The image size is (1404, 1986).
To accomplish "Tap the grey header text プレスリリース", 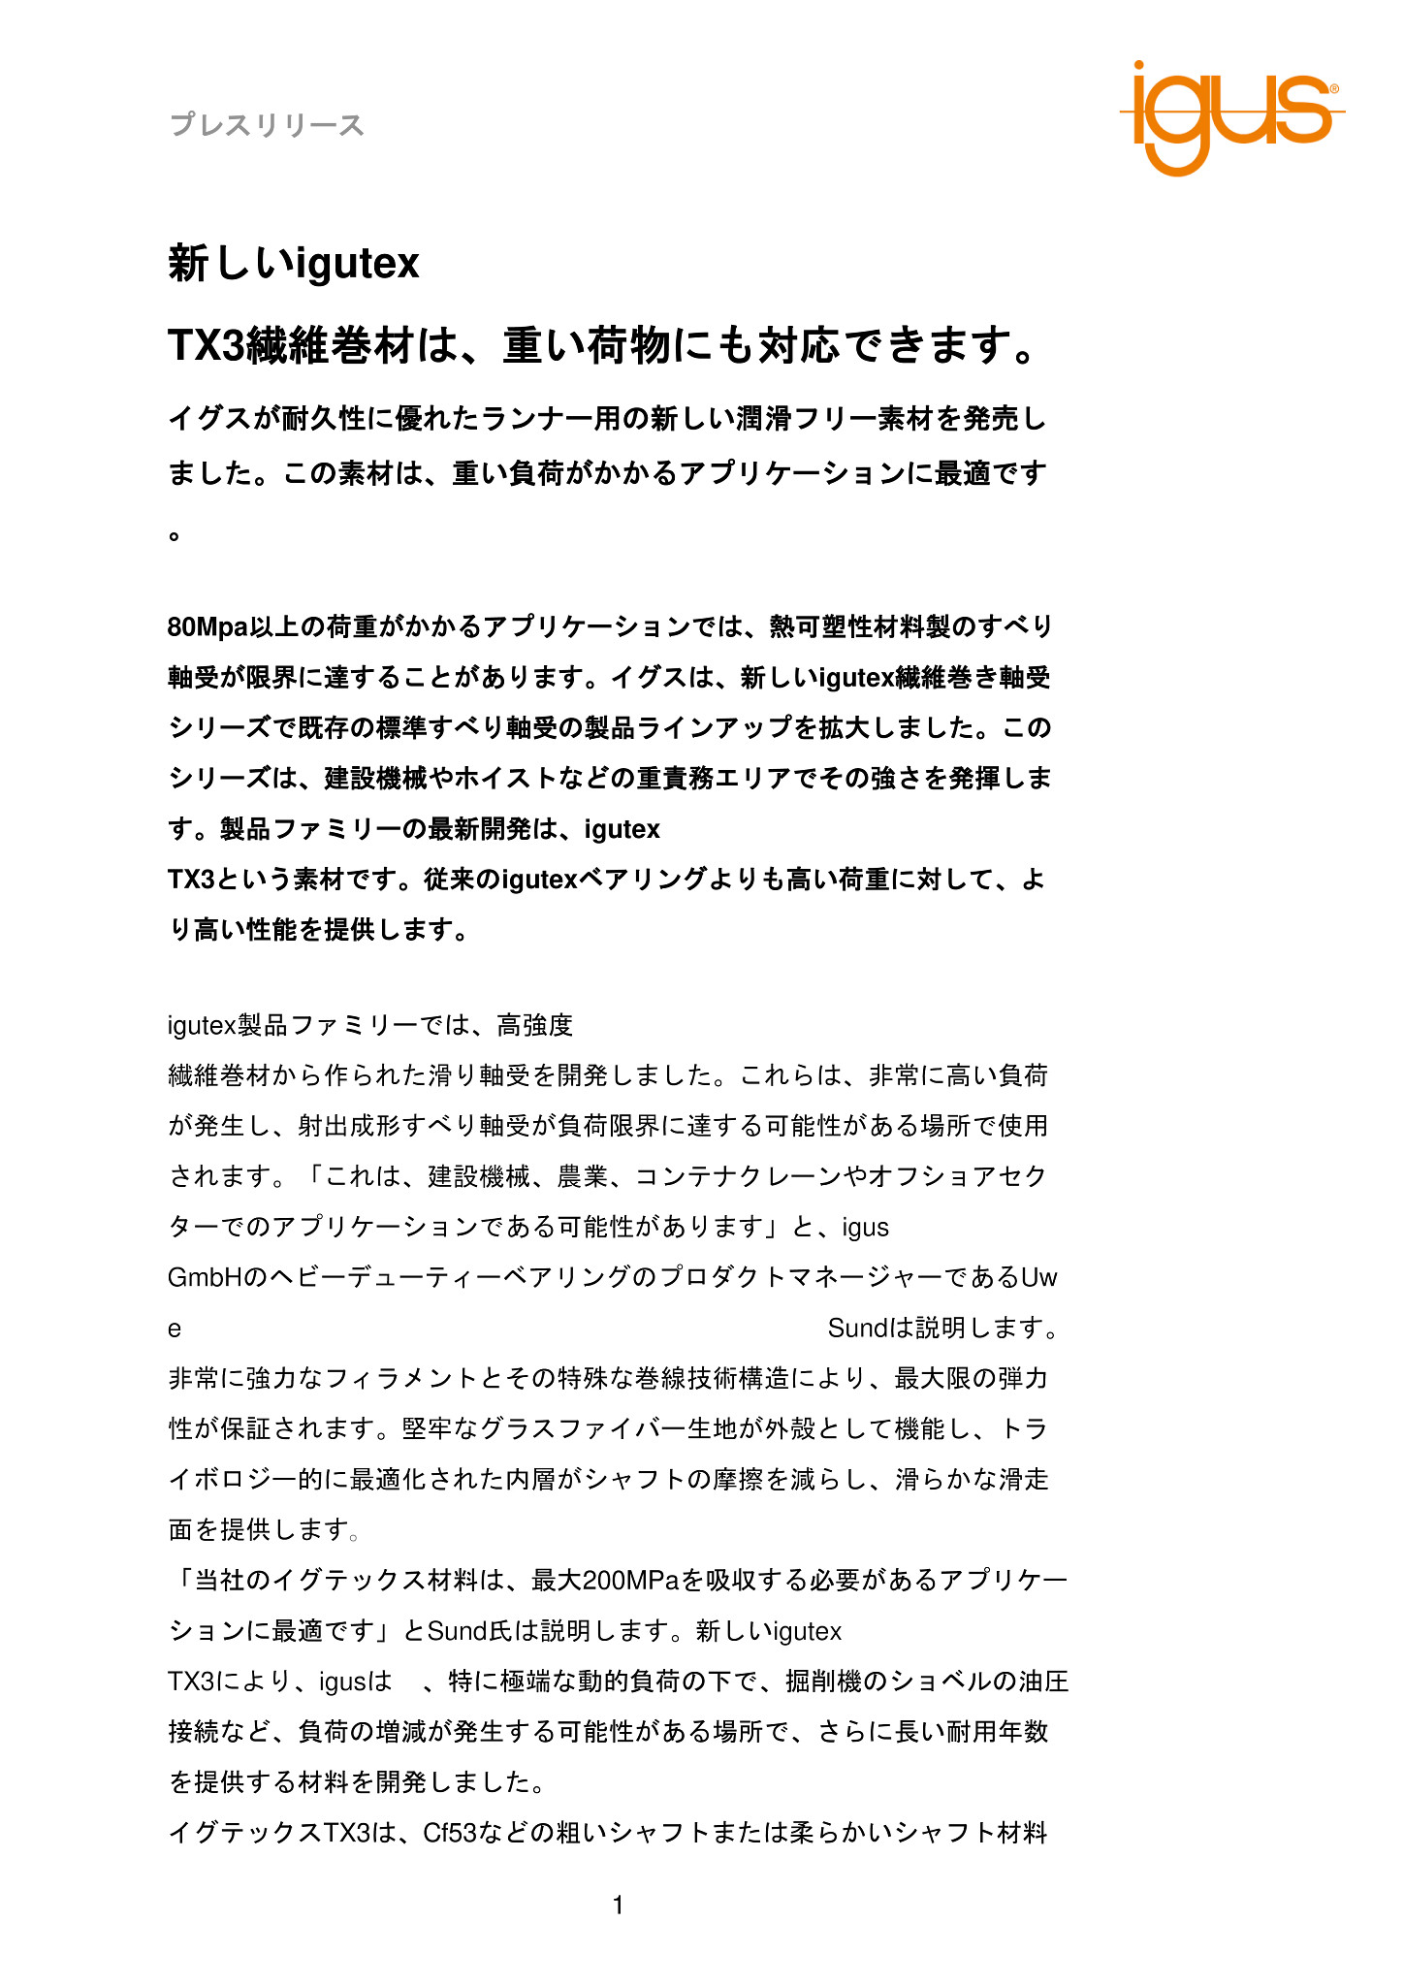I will tap(267, 125).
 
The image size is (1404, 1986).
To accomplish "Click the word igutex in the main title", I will tap(357, 263).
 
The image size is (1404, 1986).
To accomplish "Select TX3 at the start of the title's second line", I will tap(206, 345).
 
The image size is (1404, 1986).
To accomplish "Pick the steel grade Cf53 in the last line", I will tap(450, 1833).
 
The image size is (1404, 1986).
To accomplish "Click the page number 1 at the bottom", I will tap(619, 1906).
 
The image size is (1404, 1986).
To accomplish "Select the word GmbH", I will tap(205, 1277).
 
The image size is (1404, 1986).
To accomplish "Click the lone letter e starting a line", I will tap(175, 1329).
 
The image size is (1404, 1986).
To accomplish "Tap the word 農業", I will tap(582, 1176).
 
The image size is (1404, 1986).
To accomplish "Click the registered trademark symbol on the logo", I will tap(1334, 88).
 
